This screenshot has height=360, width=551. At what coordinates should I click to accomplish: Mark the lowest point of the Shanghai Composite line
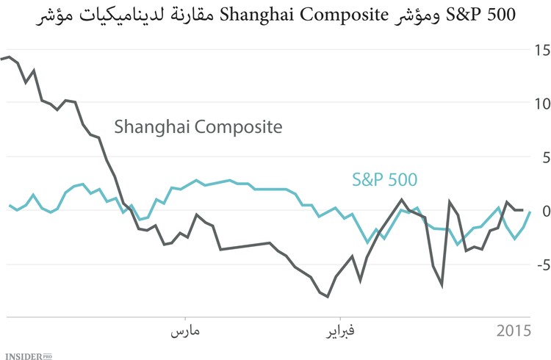327,297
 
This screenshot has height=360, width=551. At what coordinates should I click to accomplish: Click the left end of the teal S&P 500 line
10,206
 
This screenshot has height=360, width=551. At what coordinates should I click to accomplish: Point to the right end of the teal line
530,212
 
